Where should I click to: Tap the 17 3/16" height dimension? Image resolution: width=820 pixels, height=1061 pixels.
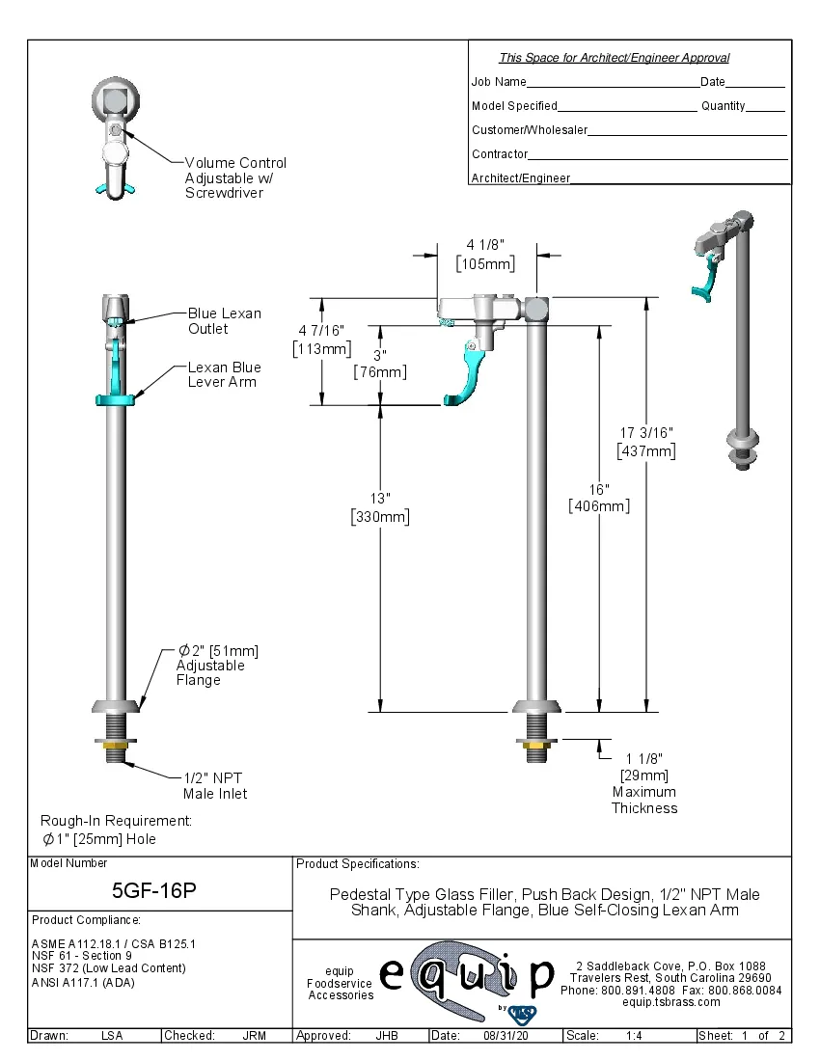click(645, 442)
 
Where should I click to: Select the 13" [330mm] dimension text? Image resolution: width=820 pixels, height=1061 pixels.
click(380, 508)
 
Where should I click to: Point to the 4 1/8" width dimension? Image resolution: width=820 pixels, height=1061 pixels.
click(484, 255)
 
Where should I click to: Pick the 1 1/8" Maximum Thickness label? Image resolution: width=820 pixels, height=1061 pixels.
click(643, 783)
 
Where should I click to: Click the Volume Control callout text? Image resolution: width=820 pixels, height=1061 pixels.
click(235, 177)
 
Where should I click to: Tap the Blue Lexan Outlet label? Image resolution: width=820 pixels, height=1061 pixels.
click(224, 321)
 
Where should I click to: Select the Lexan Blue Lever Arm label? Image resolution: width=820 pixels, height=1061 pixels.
click(224, 375)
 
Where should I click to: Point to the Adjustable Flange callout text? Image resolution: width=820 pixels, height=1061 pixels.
click(217, 666)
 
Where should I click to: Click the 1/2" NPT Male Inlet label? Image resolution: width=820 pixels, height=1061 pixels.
click(215, 785)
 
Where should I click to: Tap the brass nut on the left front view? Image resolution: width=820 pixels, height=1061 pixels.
click(115, 743)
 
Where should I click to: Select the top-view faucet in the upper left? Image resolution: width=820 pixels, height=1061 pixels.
click(117, 136)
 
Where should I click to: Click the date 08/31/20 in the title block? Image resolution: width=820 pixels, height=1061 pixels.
click(505, 1036)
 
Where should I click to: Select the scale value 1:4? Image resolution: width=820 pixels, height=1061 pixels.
click(635, 1036)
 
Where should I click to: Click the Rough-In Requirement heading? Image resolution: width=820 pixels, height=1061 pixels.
click(116, 820)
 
